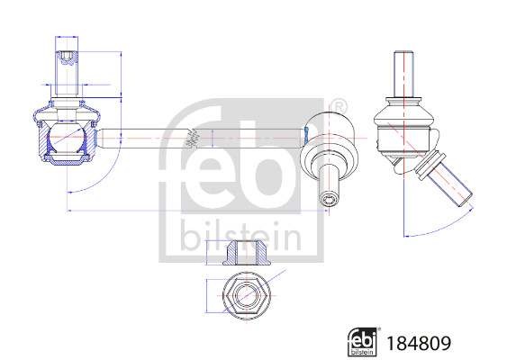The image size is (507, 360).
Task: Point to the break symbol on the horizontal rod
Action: tap(190, 139)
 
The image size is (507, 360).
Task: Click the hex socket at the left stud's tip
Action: tap(64, 61)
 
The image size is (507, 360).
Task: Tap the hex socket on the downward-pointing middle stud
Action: tap(330, 195)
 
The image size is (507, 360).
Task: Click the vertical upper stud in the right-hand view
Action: tap(403, 76)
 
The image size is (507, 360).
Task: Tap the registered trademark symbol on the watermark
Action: tap(339, 107)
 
